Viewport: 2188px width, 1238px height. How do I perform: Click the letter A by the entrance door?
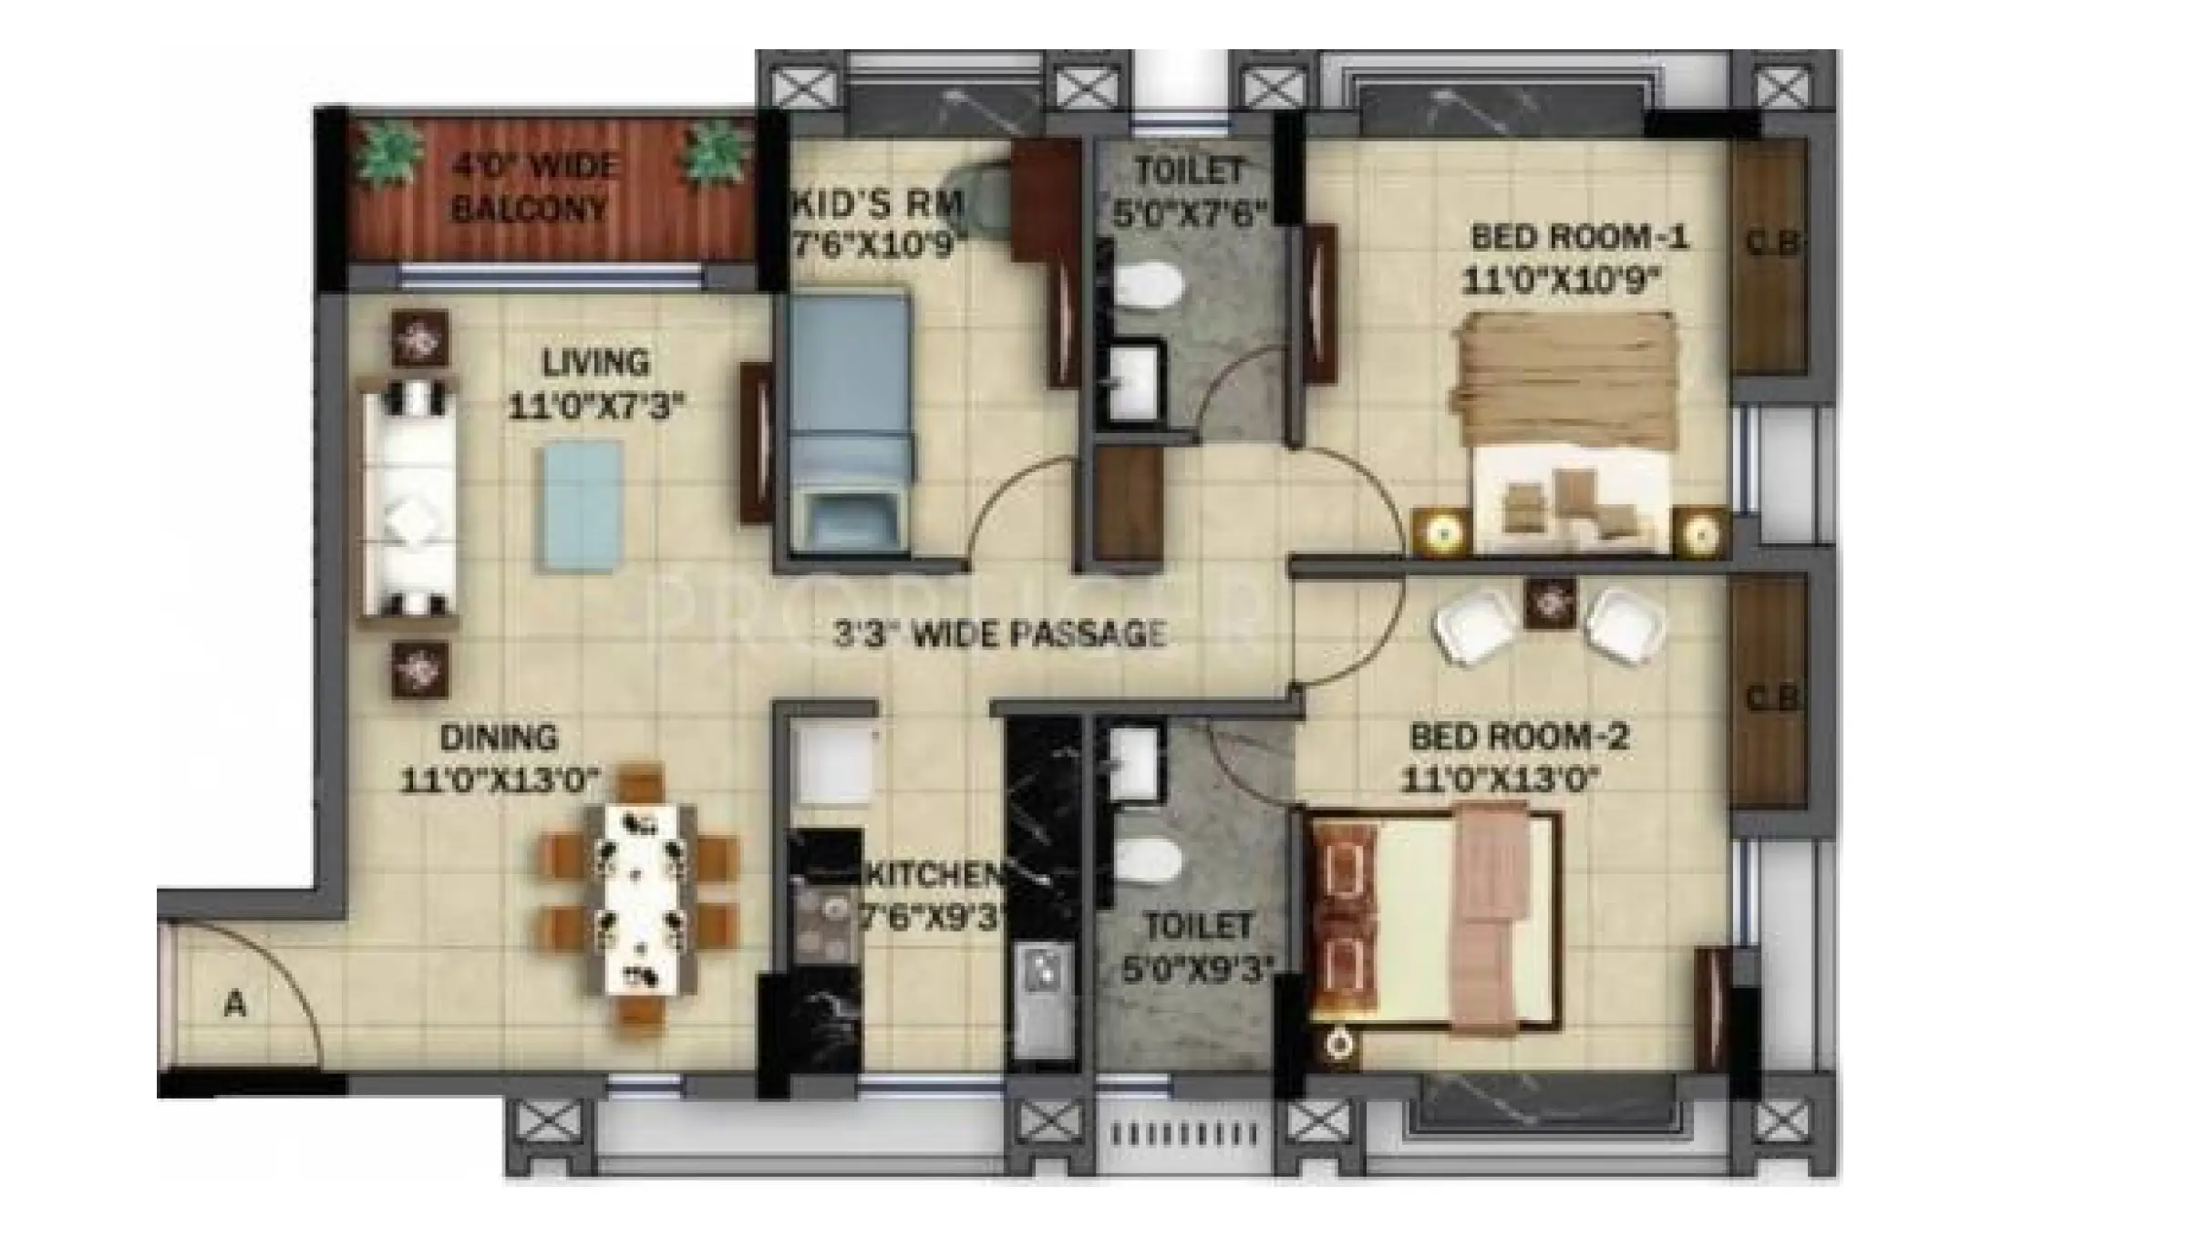click(x=235, y=1005)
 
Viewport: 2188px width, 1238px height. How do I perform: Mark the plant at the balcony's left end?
click(x=389, y=155)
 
